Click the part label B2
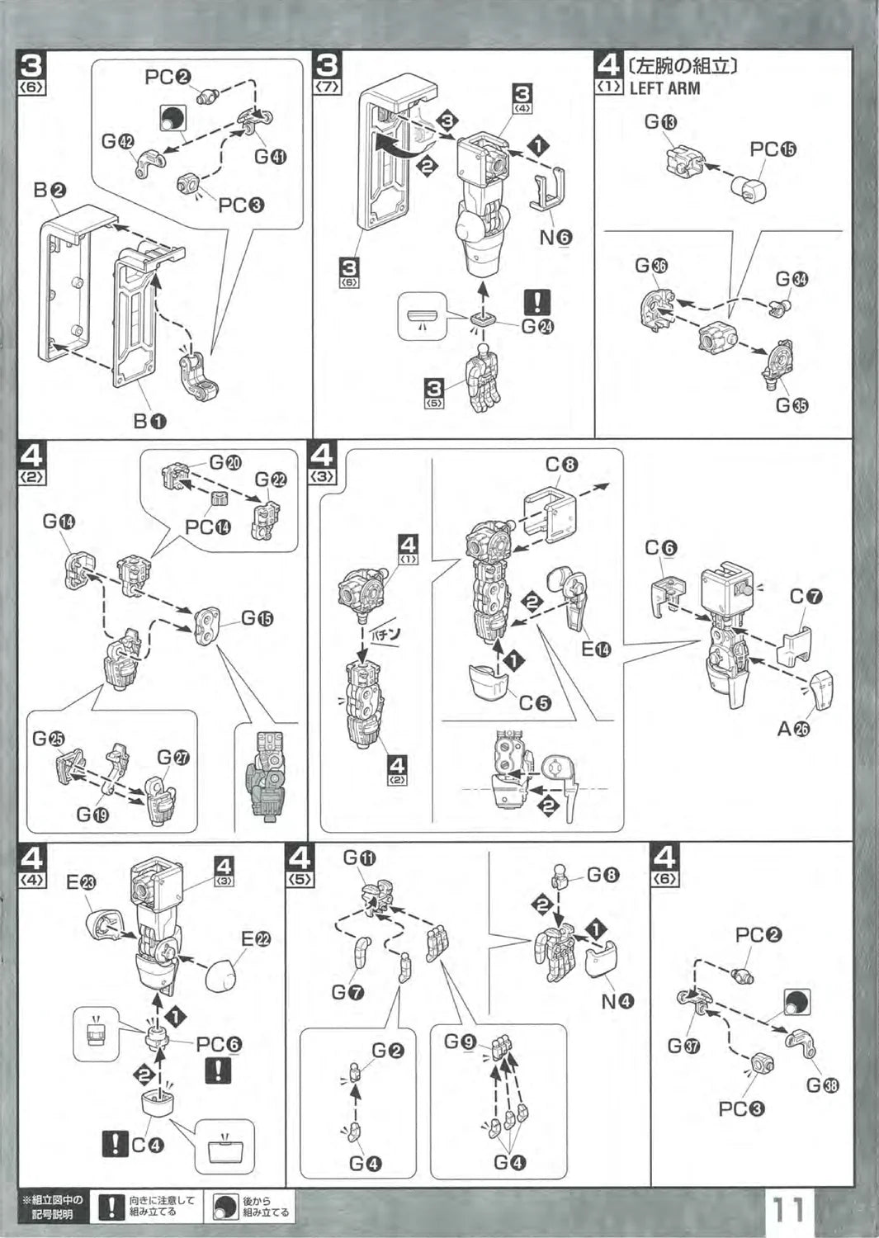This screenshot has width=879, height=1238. coord(50,191)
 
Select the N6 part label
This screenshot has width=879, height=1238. coord(555,238)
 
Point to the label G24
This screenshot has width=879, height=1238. coord(538,326)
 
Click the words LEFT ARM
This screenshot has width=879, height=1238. coord(664,88)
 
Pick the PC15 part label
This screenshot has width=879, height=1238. coord(773,149)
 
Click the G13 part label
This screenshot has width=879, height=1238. coord(661,122)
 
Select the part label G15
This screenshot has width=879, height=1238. coord(257,618)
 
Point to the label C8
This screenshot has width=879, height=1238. coord(561,465)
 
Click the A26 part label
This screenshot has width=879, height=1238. coord(793,730)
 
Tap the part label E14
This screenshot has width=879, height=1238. coord(597,650)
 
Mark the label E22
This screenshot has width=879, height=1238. coord(257,938)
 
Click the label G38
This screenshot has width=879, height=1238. coord(822,1085)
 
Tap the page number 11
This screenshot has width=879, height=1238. coord(788,1211)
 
